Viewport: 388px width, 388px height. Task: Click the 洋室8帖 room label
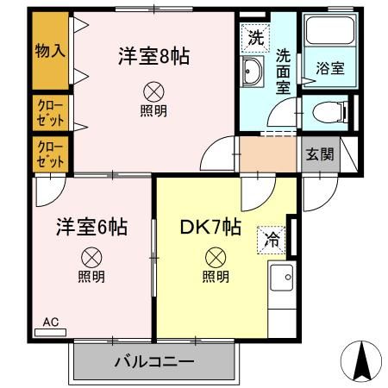click(x=153, y=57)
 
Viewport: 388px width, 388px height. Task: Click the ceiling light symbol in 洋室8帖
click(x=153, y=90)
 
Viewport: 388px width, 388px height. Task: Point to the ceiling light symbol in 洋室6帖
click(x=91, y=257)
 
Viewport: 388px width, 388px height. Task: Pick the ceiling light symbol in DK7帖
click(x=216, y=257)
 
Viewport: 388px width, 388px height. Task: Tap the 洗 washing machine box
click(x=256, y=38)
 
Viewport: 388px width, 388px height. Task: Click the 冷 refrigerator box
click(x=272, y=240)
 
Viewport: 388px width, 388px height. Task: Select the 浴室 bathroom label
click(x=329, y=69)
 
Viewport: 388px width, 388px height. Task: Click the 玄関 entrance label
click(x=319, y=155)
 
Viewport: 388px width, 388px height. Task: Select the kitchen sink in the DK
click(x=282, y=279)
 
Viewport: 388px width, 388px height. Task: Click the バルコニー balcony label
click(x=154, y=362)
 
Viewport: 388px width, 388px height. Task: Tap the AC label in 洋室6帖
click(x=51, y=322)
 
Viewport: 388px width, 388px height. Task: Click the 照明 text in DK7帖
click(x=216, y=277)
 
